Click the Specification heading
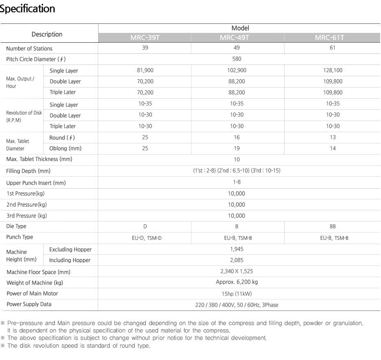click(x=28, y=9)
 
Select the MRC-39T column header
click(x=145, y=38)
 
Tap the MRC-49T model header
click(x=237, y=38)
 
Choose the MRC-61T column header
click(x=332, y=38)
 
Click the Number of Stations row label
click(x=29, y=48)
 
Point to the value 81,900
click(x=145, y=70)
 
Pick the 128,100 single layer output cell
click(x=333, y=70)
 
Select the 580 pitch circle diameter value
click(x=237, y=59)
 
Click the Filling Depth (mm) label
click(x=28, y=171)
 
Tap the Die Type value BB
click(x=333, y=226)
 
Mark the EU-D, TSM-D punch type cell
click(x=145, y=238)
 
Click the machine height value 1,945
click(x=237, y=249)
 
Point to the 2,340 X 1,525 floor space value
click(x=237, y=271)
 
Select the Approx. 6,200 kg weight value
click(x=237, y=282)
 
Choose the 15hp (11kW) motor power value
click(x=237, y=293)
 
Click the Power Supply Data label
click(x=29, y=305)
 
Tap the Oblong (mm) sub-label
click(x=65, y=148)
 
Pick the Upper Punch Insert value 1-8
click(x=237, y=182)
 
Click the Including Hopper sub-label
click(x=70, y=260)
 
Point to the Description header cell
click(x=47, y=35)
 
